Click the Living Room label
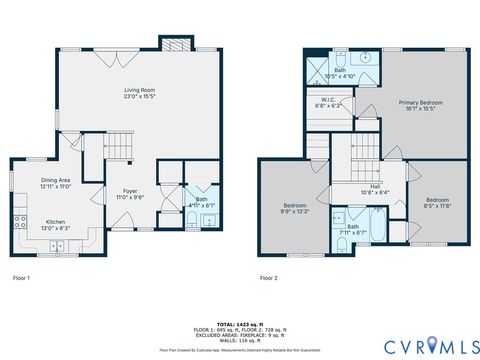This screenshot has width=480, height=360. pyautogui.click(x=139, y=91)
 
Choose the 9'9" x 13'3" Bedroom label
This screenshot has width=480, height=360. pyautogui.click(x=296, y=206)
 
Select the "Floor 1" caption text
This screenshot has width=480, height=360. pyautogui.click(x=21, y=277)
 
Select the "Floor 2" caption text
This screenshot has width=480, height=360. pyautogui.click(x=268, y=277)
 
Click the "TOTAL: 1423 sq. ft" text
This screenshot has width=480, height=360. pyautogui.click(x=240, y=323)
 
